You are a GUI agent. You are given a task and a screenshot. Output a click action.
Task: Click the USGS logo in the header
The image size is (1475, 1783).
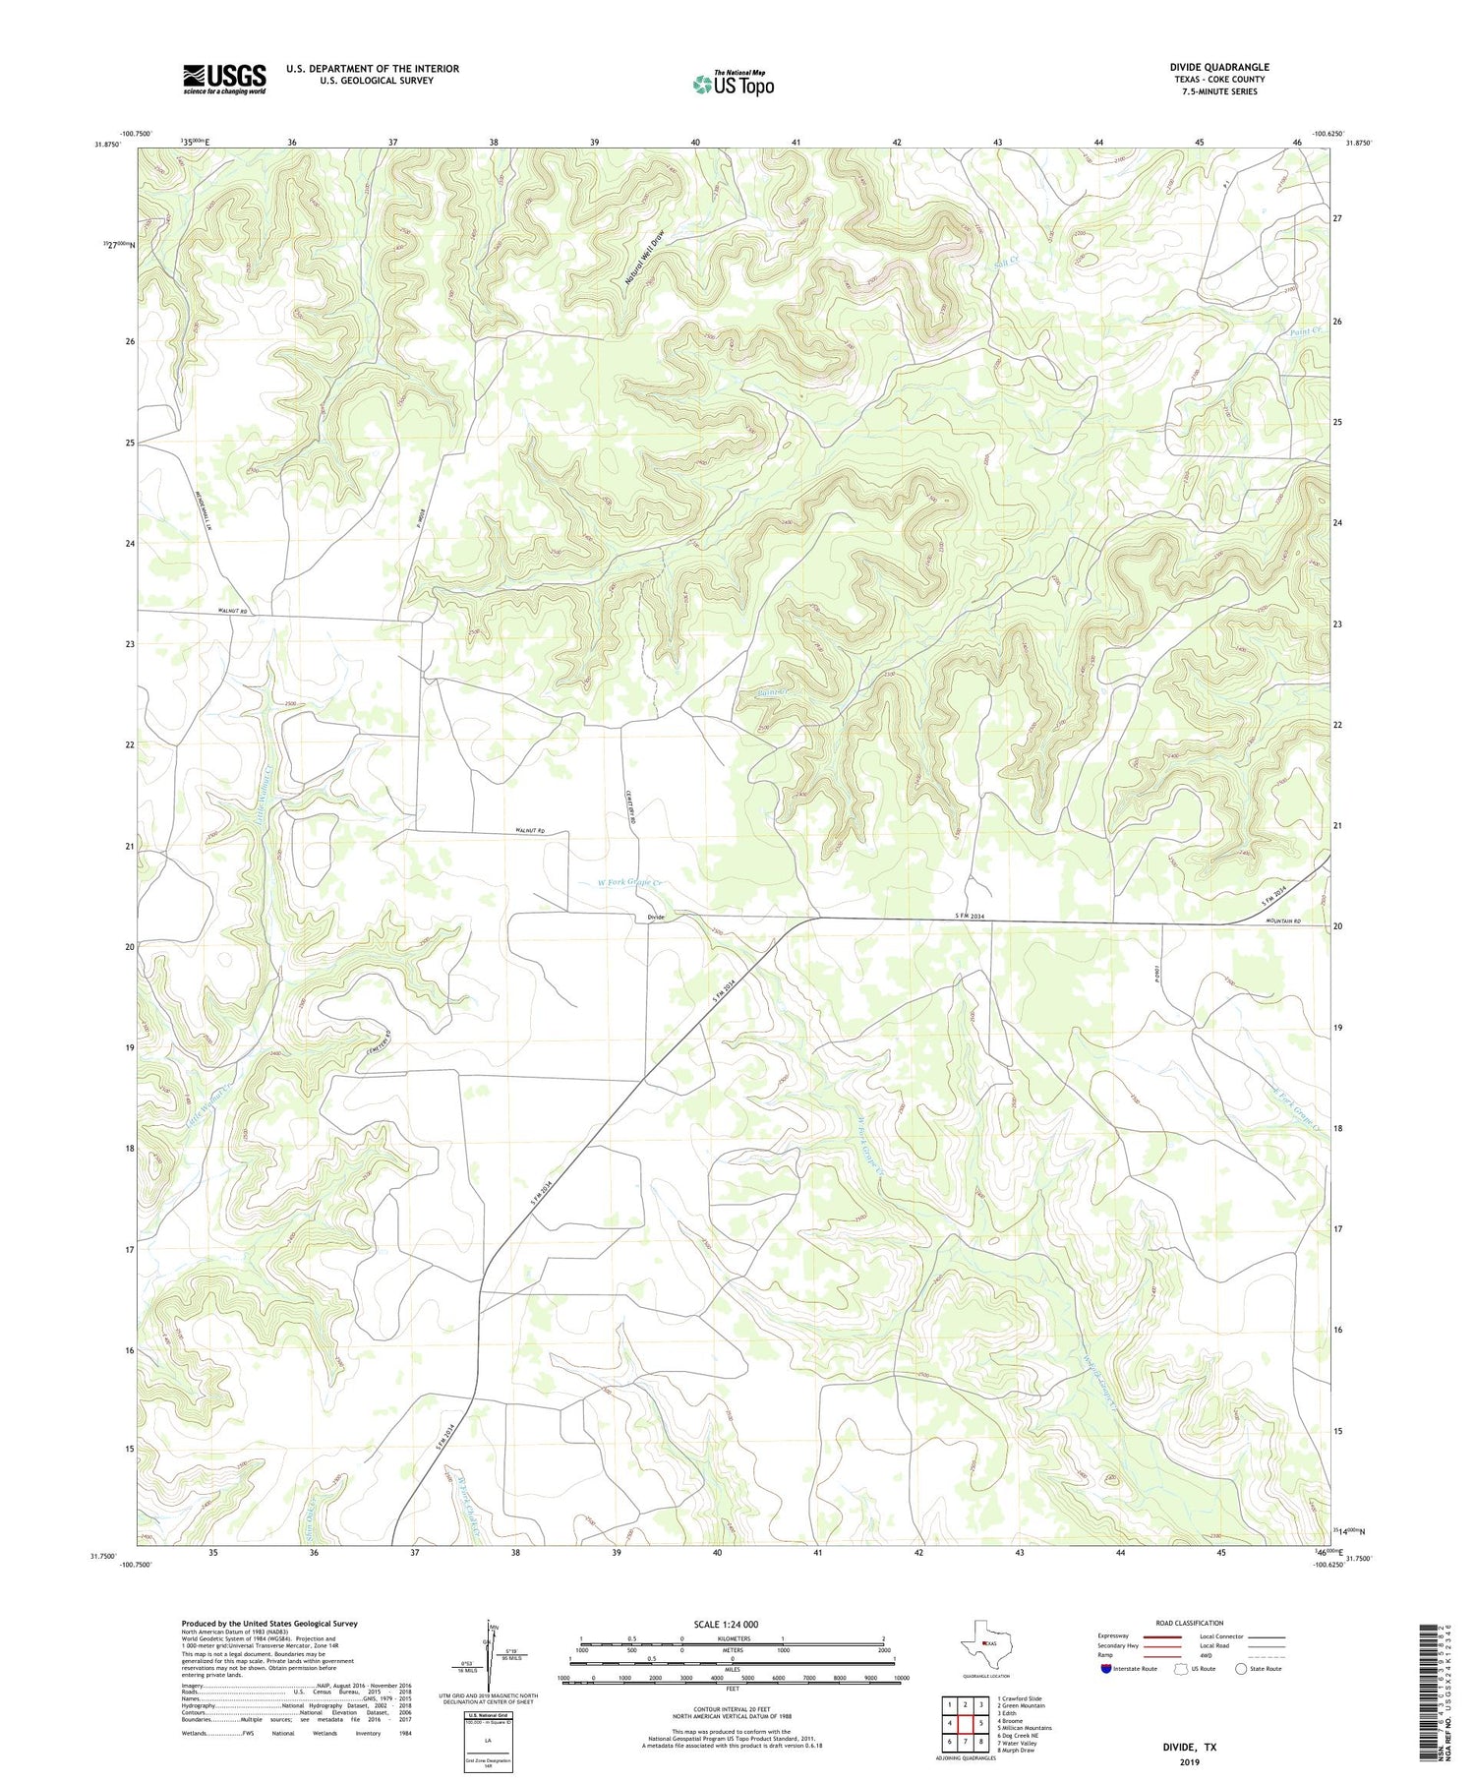[224, 79]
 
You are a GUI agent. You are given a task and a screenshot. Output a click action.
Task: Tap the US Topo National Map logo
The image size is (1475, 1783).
[734, 84]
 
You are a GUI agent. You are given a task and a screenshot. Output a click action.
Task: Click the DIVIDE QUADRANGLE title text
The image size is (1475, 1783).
[1219, 67]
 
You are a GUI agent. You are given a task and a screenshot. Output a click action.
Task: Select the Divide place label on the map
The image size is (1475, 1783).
[656, 918]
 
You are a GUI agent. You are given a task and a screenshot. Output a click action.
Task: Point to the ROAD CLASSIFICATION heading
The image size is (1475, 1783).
[1190, 1623]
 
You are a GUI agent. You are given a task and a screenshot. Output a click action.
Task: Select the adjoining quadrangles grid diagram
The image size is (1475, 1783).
[965, 1724]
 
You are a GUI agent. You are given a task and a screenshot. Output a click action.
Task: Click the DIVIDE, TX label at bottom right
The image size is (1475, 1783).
[1190, 1748]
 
